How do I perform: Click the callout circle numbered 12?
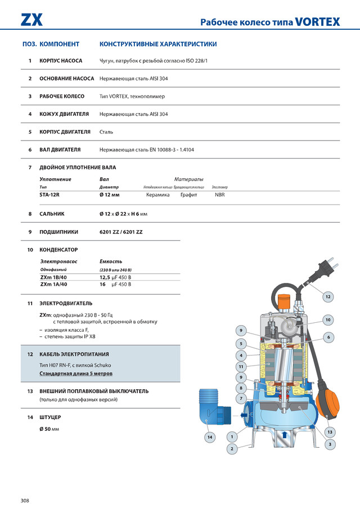(328, 296)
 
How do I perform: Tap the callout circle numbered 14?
(210, 436)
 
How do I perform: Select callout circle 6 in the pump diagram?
(328, 337)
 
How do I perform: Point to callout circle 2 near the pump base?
(231, 448)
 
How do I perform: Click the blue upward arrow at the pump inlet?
(285, 434)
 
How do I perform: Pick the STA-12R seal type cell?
(50, 195)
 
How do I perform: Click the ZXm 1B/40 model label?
(53, 277)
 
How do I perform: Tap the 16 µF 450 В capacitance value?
(115, 285)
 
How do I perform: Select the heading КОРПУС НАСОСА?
(61, 61)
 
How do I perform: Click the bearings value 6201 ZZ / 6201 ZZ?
(121, 232)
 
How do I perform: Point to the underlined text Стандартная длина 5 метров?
(76, 373)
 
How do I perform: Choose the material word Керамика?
(157, 195)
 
